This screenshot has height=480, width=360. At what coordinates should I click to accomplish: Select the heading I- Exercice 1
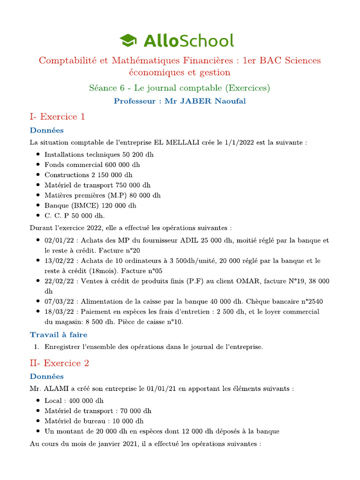pyautogui.click(x=57, y=117)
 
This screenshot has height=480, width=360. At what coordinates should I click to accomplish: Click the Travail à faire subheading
pyautogui.click(x=59, y=334)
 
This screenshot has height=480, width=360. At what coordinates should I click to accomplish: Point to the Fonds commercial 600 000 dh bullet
pyautogui.click(x=92, y=165)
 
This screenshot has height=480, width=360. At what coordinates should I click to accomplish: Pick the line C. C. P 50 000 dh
pyautogui.click(x=75, y=216)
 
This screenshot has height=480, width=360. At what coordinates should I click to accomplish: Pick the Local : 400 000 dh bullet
pyautogui.click(x=74, y=400)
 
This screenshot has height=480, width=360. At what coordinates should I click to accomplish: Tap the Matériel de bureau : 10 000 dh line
pyautogui.click(x=94, y=421)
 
